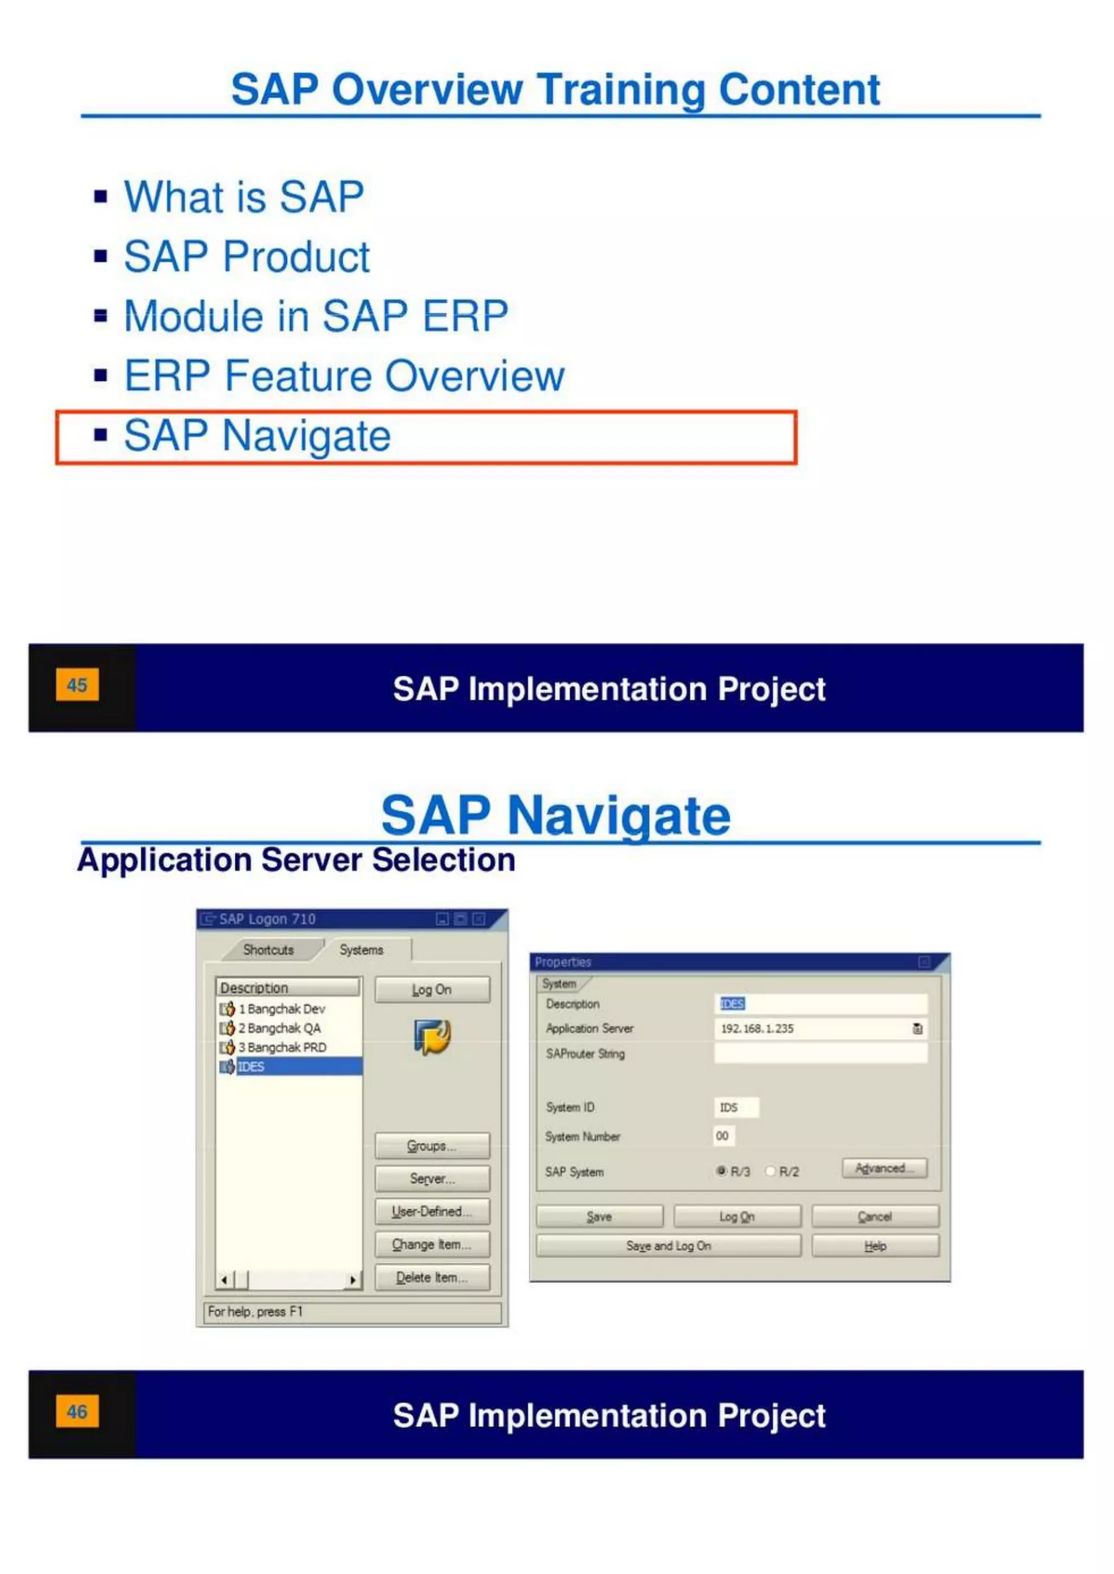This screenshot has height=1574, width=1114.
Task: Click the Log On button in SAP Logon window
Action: coord(432,989)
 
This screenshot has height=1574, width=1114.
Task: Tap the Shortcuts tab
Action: coord(268,950)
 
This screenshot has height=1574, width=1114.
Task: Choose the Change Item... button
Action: coord(432,1244)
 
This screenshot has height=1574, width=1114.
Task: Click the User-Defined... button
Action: coord(432,1211)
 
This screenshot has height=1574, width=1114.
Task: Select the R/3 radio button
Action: coord(721,1171)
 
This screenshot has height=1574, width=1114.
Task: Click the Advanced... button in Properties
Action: coord(884,1168)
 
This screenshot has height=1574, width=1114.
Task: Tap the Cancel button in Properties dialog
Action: coord(875,1217)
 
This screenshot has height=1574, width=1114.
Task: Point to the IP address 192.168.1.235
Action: coord(757,1028)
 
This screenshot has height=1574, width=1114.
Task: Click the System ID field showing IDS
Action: coord(735,1107)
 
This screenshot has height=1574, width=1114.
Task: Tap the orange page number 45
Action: coord(77,685)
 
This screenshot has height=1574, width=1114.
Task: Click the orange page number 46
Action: coord(77,1411)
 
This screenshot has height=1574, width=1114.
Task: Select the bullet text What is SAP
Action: coord(244,197)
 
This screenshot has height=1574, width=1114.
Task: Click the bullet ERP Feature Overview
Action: coord(344,376)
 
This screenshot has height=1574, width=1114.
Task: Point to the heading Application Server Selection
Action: coord(296,860)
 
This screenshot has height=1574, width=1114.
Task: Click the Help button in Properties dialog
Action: coord(875,1246)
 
